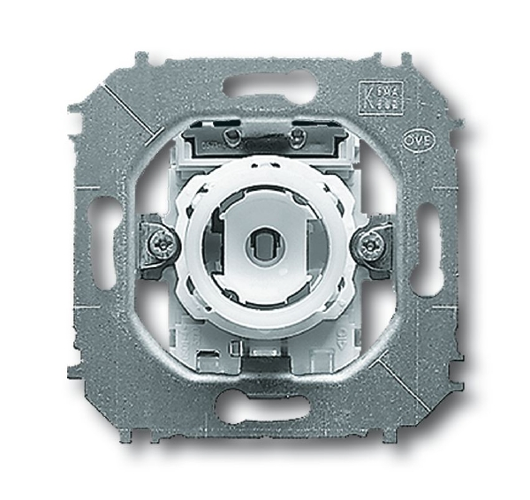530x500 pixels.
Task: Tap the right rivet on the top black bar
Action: [x=298, y=136]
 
